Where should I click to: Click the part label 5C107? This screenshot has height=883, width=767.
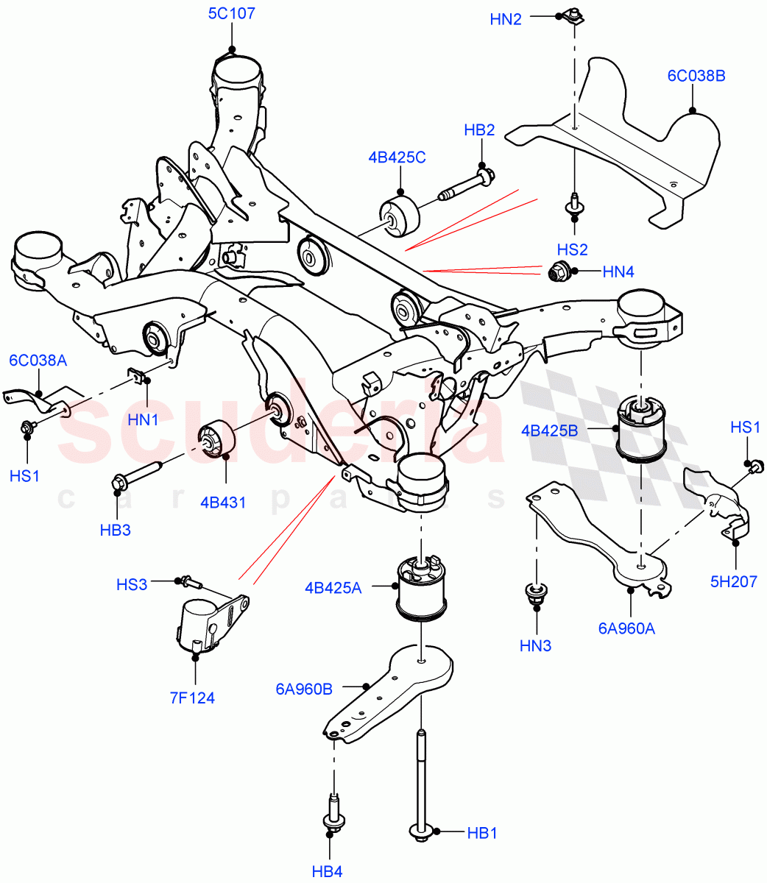click(232, 13)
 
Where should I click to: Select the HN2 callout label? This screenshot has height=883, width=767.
click(506, 19)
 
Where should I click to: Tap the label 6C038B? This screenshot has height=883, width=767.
click(696, 75)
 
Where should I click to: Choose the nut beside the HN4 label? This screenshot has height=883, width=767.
click(560, 272)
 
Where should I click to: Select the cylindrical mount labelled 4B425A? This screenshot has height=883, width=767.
click(419, 587)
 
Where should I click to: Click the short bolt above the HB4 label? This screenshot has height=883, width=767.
click(332, 813)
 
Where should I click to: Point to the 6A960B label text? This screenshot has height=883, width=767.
click(304, 689)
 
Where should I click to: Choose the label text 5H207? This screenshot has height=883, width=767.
click(734, 581)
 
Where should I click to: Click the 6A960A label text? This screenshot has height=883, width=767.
click(626, 628)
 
